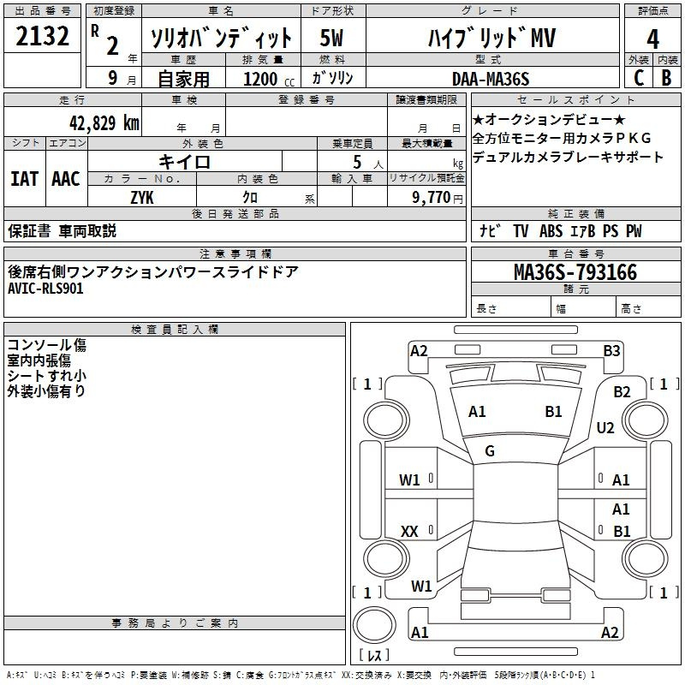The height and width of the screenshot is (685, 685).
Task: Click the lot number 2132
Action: (42, 36)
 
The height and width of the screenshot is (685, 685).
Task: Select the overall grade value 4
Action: (652, 39)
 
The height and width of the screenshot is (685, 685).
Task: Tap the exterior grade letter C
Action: (639, 78)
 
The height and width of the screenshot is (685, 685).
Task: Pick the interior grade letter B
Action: (666, 78)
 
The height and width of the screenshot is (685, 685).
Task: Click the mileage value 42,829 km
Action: (104, 122)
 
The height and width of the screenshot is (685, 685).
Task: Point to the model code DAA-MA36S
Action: (491, 79)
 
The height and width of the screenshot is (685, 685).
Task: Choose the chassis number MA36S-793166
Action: (575, 272)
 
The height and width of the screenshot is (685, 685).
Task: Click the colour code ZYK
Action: (142, 198)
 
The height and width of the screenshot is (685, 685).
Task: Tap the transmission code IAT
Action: (24, 179)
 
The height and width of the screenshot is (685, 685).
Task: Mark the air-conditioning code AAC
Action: (66, 179)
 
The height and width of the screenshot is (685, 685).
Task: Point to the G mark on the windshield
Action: (490, 451)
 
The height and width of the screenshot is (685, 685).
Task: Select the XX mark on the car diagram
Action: (409, 531)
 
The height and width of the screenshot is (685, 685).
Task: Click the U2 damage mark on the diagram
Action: (605, 427)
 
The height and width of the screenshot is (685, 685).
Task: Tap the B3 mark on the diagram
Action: (611, 351)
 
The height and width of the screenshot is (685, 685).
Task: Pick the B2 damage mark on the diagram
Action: (622, 392)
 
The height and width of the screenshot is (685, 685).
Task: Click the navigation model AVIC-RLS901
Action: (45, 289)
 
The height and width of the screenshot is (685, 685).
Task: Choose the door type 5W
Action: (331, 38)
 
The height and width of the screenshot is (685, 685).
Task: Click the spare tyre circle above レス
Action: (374, 625)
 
